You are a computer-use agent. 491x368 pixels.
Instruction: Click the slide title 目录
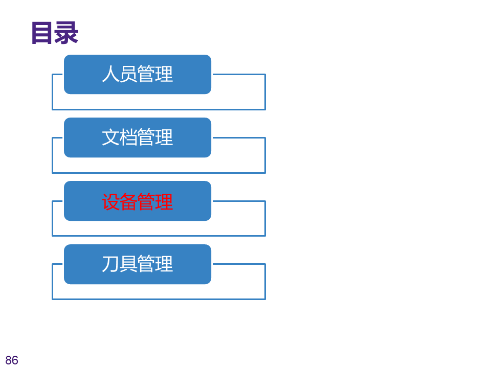click(54, 33)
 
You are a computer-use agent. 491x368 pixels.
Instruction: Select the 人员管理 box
click(138, 75)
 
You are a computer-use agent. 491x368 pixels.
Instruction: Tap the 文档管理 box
click(138, 137)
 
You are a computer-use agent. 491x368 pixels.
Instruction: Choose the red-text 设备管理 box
click(138, 201)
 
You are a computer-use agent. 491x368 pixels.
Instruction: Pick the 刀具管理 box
click(138, 264)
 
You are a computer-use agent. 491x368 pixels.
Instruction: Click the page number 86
click(12, 360)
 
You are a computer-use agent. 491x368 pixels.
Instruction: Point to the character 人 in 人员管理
click(110, 75)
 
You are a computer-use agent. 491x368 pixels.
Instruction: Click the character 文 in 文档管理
click(110, 137)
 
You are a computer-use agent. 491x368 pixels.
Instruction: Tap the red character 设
click(110, 201)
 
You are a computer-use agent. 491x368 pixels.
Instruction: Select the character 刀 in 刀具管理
click(110, 264)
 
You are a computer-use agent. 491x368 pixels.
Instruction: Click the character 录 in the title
click(66, 33)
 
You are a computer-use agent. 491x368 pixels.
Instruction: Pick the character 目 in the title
click(42, 33)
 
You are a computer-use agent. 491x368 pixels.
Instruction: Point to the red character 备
click(128, 201)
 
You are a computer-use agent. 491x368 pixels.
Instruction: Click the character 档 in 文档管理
click(128, 137)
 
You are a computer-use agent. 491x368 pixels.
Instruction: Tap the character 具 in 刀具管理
click(128, 264)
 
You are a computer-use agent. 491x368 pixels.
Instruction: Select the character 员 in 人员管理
click(128, 75)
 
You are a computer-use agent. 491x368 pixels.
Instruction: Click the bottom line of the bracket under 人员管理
click(159, 109)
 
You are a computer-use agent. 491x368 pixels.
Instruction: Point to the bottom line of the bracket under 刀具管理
click(159, 299)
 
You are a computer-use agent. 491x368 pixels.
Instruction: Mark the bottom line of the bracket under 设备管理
click(159, 236)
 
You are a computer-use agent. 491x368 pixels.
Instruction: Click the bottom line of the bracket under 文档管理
click(159, 173)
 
